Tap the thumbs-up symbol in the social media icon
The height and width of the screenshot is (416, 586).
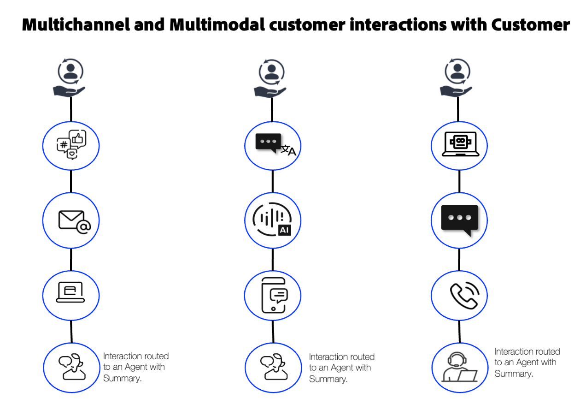pyautogui.click(x=78, y=138)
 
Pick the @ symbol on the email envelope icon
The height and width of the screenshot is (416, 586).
pyautogui.click(x=84, y=226)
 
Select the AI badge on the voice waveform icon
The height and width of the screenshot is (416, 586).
pyautogui.click(x=284, y=229)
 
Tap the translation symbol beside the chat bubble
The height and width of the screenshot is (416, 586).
pyautogui.click(x=288, y=150)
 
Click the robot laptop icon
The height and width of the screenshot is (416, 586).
pyautogui.click(x=460, y=144)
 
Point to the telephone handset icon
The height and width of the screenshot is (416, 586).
pyautogui.click(x=463, y=295)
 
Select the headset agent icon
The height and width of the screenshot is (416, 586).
pyautogui.click(x=459, y=368)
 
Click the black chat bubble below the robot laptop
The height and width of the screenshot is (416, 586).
pyautogui.click(x=459, y=219)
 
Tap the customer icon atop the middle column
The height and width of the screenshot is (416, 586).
pyautogui.click(x=272, y=79)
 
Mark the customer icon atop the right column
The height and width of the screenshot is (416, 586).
pyautogui.click(x=457, y=79)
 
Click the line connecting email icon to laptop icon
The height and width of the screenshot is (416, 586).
pyautogui.click(x=71, y=259)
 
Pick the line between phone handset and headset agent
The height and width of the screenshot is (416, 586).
pyautogui.click(x=459, y=332)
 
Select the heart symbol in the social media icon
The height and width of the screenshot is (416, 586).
pyautogui.click(x=72, y=155)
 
